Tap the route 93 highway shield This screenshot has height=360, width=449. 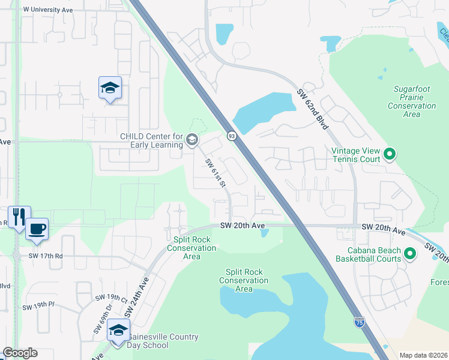(x=232, y=136)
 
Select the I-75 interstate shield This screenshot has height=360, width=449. (x=359, y=322)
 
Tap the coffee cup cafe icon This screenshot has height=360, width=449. (x=37, y=229)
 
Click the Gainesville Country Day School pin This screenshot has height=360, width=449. (x=118, y=331)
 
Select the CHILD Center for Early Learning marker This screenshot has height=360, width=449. (x=192, y=140)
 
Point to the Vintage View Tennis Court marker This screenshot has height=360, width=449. (x=390, y=155)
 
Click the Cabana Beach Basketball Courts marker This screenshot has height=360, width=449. (x=411, y=254)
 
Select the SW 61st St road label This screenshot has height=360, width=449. (x=214, y=173)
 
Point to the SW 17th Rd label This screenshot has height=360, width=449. (x=41, y=256)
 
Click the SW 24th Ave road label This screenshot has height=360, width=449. (x=137, y=295)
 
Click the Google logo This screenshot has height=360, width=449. (x=20, y=353)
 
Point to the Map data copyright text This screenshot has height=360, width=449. (x=423, y=355)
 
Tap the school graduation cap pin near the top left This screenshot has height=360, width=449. (x=110, y=88)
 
